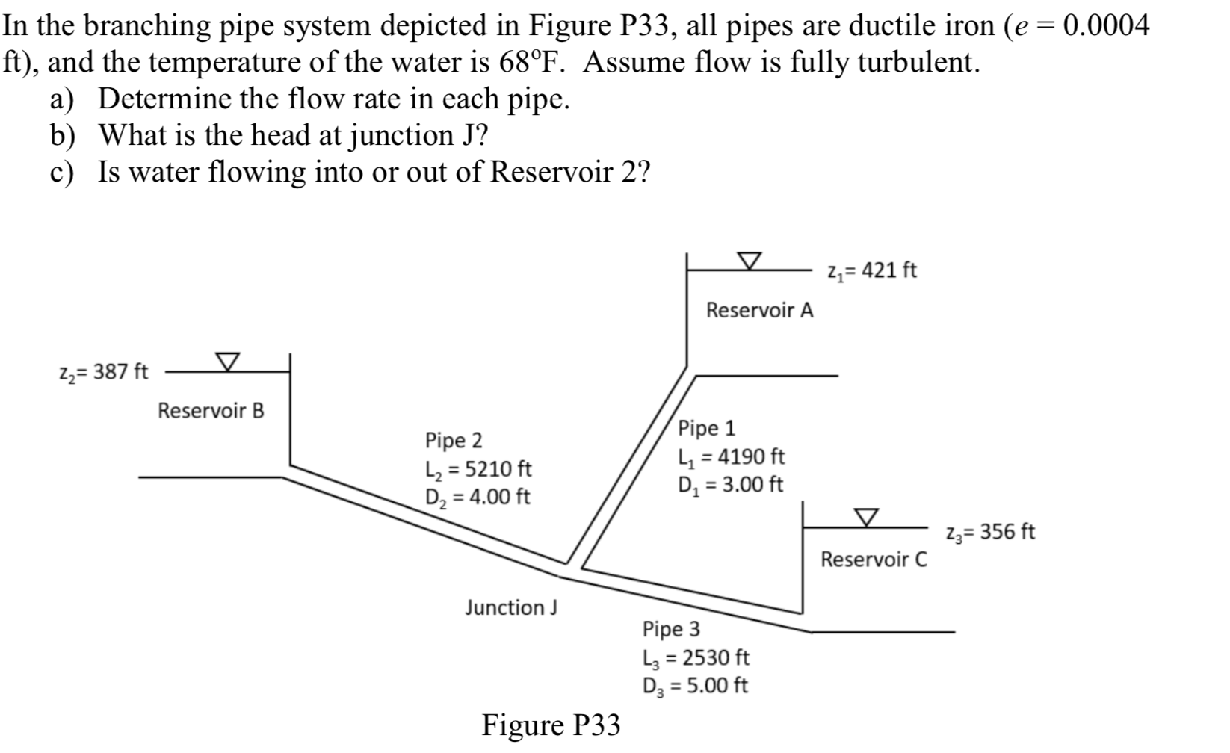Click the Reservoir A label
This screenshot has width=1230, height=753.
759,310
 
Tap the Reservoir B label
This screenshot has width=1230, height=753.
211,411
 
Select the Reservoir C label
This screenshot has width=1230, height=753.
874,560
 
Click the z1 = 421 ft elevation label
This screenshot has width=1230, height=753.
872,270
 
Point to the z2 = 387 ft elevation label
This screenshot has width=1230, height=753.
103,371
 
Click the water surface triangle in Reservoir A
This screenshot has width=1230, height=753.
750,260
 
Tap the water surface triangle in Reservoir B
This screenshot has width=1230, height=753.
228,362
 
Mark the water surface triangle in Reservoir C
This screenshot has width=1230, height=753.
866,517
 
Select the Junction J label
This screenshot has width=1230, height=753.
511,608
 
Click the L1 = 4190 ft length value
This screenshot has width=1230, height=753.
731,456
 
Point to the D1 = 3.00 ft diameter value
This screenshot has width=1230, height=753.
730,485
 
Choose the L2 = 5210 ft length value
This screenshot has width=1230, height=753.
478,469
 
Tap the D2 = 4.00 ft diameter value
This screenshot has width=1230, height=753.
477,497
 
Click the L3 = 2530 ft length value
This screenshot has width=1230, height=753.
695,658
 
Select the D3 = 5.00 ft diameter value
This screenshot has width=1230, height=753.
695,686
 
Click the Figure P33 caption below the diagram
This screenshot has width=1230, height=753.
551,725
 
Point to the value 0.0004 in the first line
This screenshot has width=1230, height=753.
1105,27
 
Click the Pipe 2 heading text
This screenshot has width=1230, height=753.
454,440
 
